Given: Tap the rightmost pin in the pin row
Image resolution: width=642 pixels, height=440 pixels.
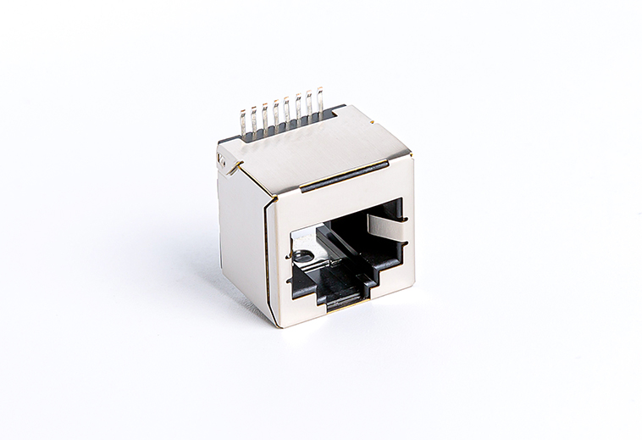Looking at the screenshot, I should click(320, 99).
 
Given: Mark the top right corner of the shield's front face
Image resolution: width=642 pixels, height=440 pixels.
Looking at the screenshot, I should click(412, 155).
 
